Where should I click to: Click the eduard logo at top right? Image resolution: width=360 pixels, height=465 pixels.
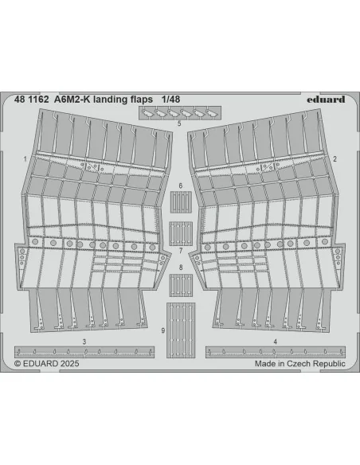(x=326, y=100)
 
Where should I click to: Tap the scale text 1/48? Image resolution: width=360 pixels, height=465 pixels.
(x=170, y=100)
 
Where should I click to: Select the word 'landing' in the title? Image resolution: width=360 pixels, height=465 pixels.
(x=111, y=100)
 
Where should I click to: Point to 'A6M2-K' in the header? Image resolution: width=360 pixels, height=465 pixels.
(x=72, y=100)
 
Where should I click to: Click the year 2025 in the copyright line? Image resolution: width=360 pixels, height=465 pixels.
(x=69, y=363)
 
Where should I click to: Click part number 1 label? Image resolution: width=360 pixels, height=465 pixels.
(x=25, y=159)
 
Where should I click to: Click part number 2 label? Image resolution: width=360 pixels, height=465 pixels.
(x=335, y=159)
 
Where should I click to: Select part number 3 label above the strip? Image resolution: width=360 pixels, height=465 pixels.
(x=84, y=342)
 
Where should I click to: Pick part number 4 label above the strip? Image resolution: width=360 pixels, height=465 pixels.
(x=276, y=342)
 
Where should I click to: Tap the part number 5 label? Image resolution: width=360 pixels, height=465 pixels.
(x=179, y=123)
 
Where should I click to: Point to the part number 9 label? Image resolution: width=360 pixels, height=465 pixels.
(x=162, y=330)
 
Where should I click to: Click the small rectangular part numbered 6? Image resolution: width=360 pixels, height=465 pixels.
(x=181, y=202)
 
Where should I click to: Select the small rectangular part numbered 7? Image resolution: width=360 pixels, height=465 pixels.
(x=181, y=233)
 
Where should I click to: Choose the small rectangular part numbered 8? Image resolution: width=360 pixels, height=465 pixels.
(x=181, y=285)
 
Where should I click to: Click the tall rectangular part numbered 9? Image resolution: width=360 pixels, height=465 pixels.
(x=181, y=330)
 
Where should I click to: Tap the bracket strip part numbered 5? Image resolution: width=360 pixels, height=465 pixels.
(x=180, y=113)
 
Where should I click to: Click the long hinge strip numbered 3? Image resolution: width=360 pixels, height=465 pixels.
(x=84, y=352)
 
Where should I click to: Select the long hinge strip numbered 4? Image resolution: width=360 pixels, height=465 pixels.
(x=276, y=352)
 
